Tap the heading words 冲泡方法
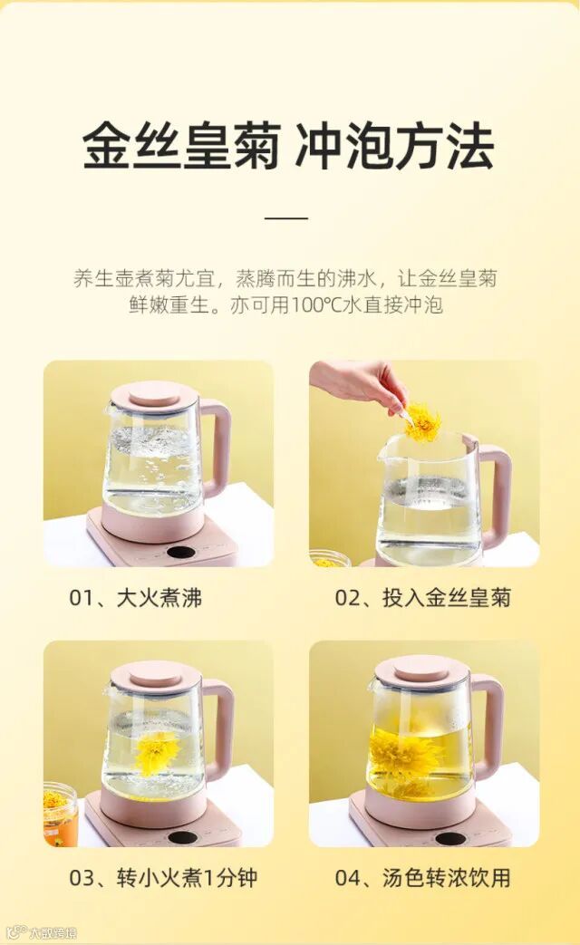[395, 147]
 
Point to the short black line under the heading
[286, 217]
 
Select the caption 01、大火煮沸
[136, 598]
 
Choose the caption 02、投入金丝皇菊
[422, 598]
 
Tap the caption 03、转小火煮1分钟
[163, 877]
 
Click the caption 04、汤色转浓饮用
[422, 877]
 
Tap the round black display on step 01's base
[182, 552]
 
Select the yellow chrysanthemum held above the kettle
[422, 422]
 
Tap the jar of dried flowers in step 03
[61, 813]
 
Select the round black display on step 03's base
[182, 837]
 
